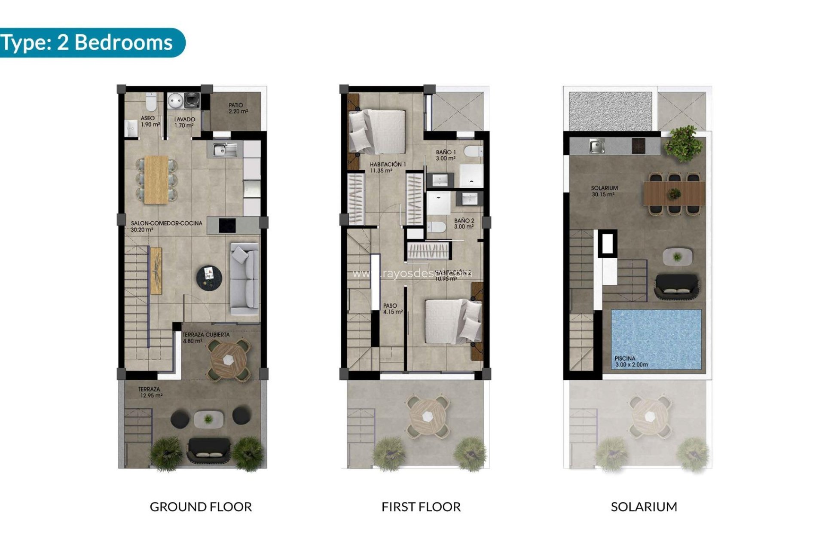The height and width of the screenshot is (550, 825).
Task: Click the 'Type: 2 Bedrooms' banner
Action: [x=88, y=43]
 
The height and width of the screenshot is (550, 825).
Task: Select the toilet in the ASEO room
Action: [x=151, y=102]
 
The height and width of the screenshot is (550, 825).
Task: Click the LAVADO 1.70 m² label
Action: [x=184, y=122]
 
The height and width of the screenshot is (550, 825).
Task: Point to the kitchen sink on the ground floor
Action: [x=222, y=150]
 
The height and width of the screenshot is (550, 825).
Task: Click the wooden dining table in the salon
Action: [x=156, y=179]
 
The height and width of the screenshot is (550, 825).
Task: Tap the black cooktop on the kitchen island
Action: [x=227, y=225]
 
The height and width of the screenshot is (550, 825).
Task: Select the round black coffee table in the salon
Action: [x=209, y=277]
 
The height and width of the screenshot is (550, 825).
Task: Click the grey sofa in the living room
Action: [x=244, y=278]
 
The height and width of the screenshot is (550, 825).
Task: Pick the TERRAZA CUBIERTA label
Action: [x=206, y=337]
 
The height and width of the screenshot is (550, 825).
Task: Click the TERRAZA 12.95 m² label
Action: [x=150, y=392]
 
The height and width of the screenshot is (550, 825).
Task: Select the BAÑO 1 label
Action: [x=446, y=155]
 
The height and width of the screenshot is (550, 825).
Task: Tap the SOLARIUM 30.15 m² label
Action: [x=604, y=191]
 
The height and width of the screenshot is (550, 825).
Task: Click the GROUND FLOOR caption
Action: [x=201, y=507]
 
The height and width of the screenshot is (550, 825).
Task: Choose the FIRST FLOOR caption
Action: [x=421, y=507]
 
